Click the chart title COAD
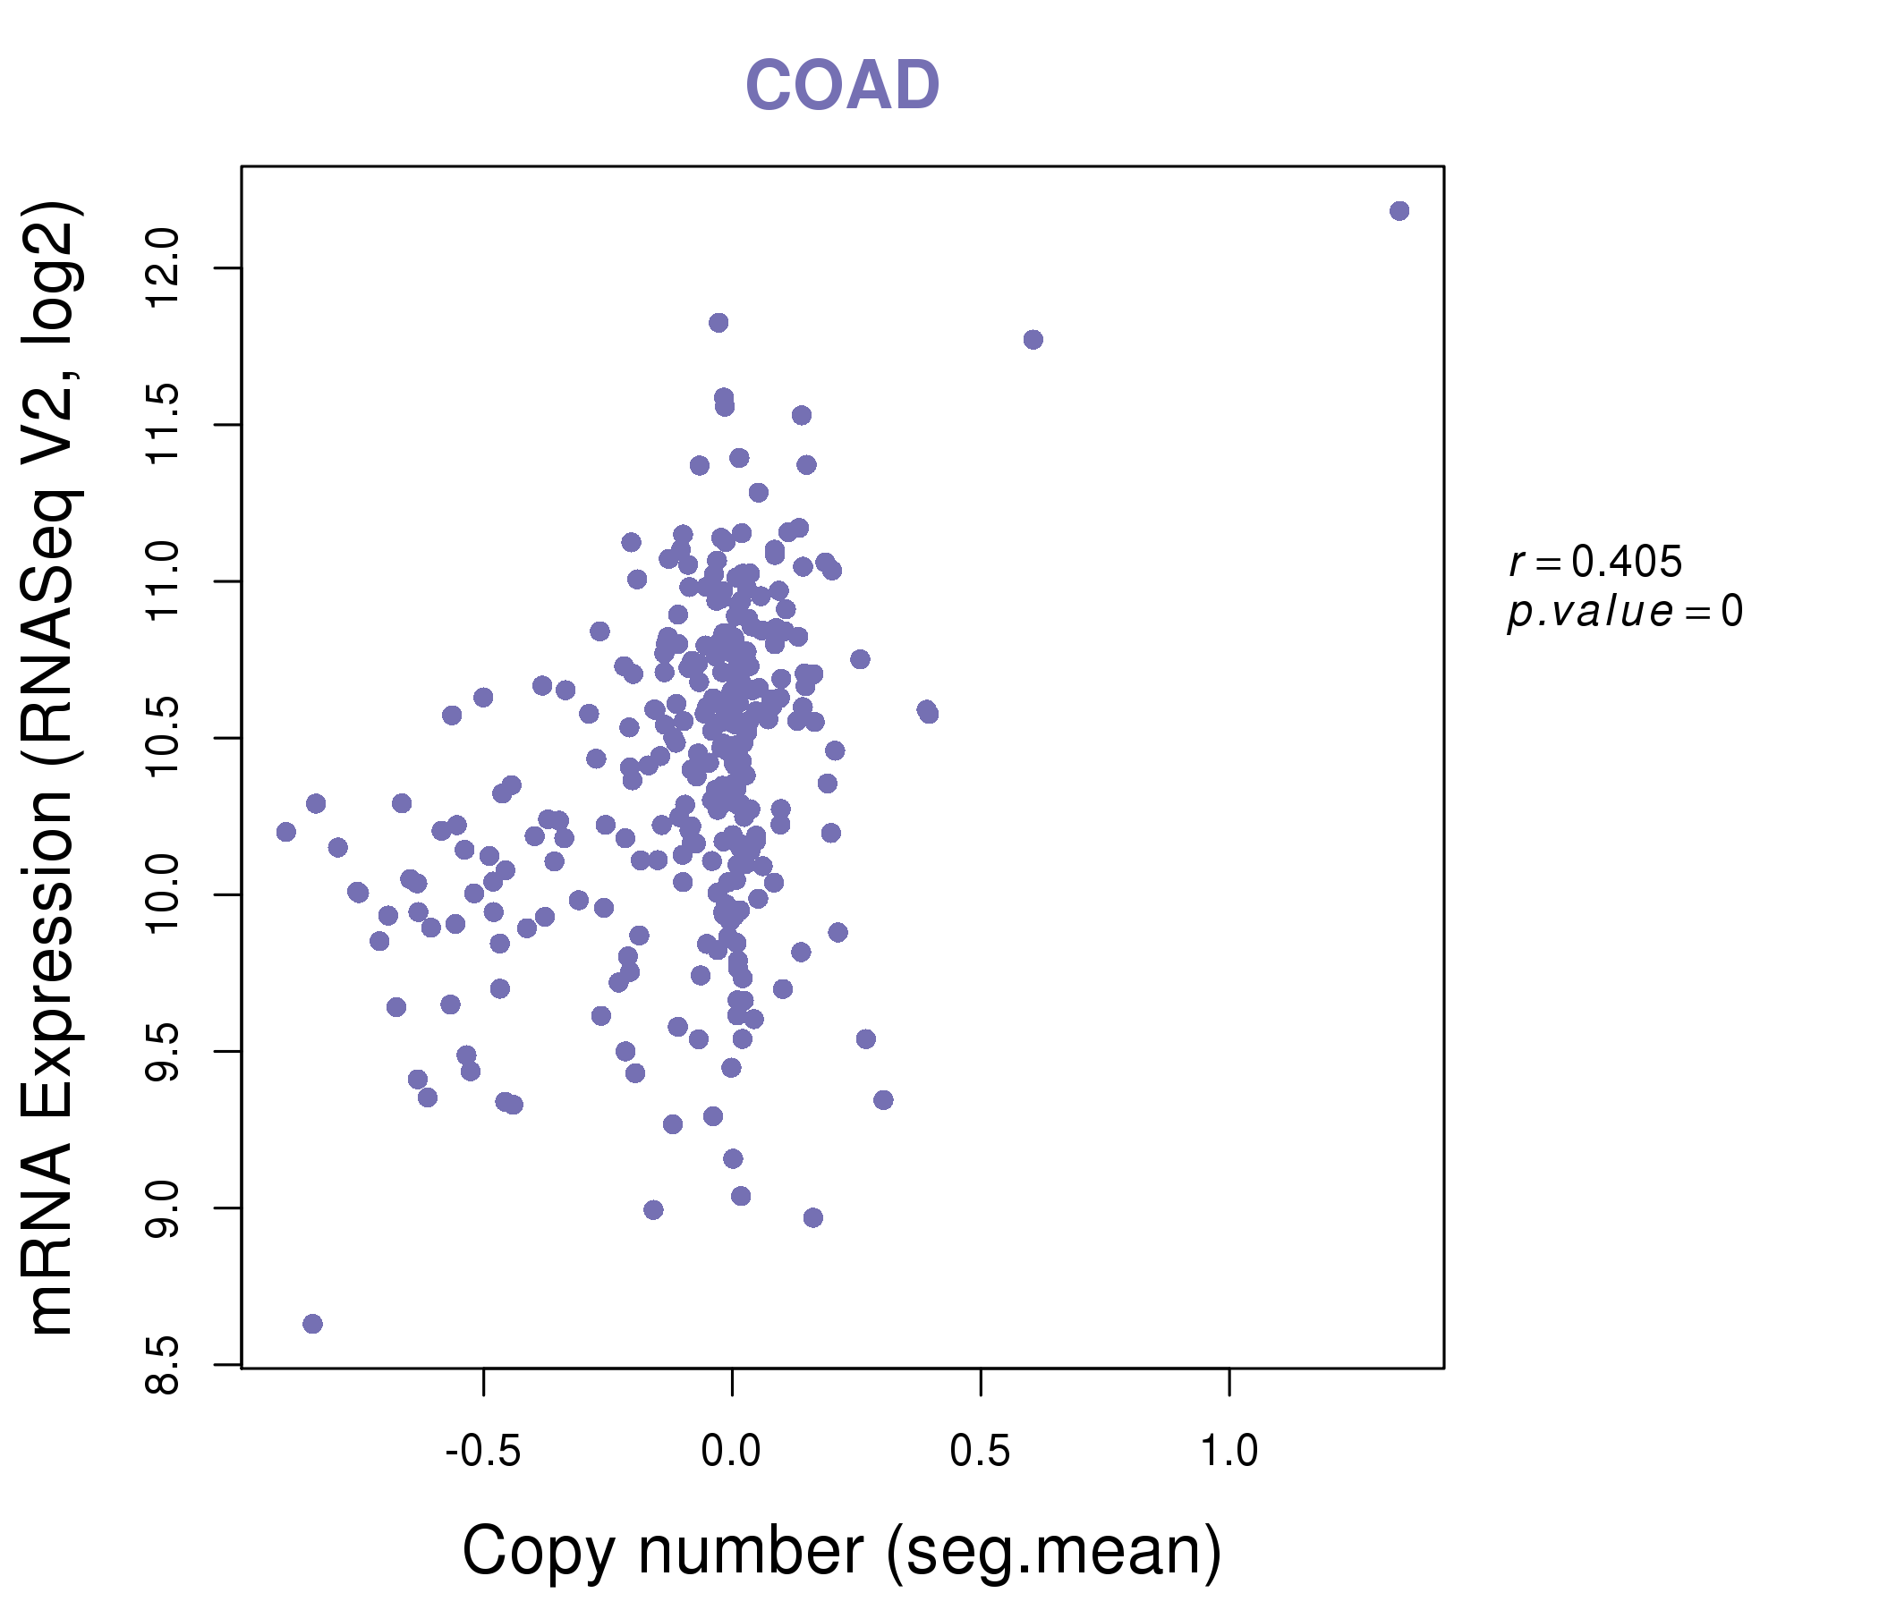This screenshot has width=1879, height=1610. pyautogui.click(x=842, y=85)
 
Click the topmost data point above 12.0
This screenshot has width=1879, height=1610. pyautogui.click(x=1399, y=211)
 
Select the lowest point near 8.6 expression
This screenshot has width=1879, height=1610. pyautogui.click(x=313, y=1324)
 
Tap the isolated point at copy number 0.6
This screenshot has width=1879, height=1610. pyautogui.click(x=1033, y=340)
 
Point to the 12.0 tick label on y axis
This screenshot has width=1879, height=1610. pyautogui.click(x=163, y=268)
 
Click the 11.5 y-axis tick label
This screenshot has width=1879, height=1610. pyautogui.click(x=163, y=424)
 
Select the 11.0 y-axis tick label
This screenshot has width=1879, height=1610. pyautogui.click(x=163, y=581)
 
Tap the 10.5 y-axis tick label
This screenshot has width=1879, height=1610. pyautogui.click(x=163, y=738)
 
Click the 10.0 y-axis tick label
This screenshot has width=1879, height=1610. pyautogui.click(x=163, y=894)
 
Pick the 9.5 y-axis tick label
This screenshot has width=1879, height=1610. pyautogui.click(x=163, y=1052)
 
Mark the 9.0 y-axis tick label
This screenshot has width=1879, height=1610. pyautogui.click(x=163, y=1208)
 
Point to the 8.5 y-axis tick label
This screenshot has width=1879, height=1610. pyautogui.click(x=163, y=1365)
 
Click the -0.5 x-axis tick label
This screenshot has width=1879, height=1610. pyautogui.click(x=483, y=1452)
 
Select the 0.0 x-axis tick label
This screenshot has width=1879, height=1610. pyautogui.click(x=731, y=1452)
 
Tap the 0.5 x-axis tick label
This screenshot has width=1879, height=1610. pyautogui.click(x=981, y=1452)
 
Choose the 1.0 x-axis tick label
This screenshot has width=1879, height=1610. pyautogui.click(x=1229, y=1452)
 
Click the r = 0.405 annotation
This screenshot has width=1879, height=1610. pyautogui.click(x=1596, y=562)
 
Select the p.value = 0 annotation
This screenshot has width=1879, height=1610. pyautogui.click(x=1625, y=613)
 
